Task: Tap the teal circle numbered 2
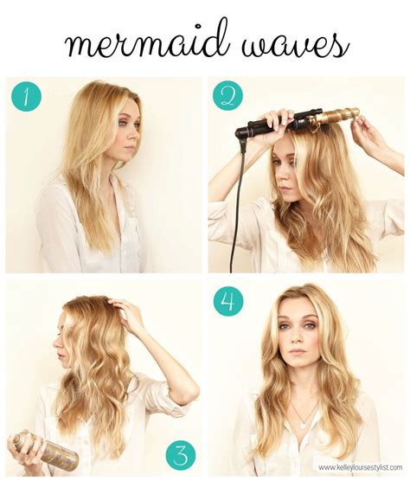pos(228,96)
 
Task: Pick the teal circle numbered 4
pos(228,300)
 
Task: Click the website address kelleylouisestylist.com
pos(360,468)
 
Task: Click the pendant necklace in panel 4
pos(299,423)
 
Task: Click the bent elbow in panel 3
pos(183,400)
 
